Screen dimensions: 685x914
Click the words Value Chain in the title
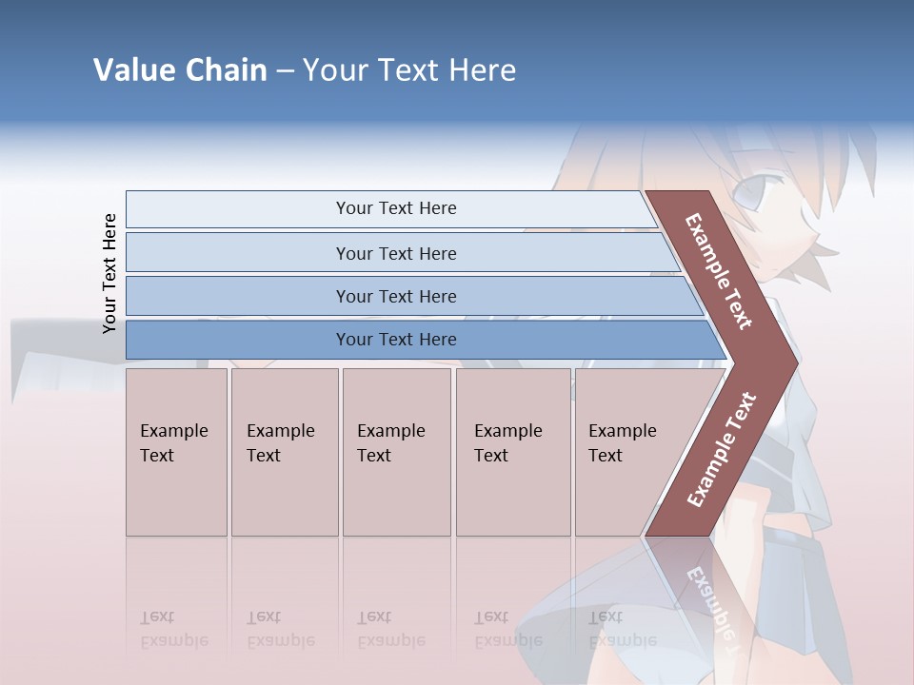pyautogui.click(x=180, y=70)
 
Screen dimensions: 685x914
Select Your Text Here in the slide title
pyautogui.click(x=409, y=70)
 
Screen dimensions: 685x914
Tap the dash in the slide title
pyautogui.click(x=285, y=71)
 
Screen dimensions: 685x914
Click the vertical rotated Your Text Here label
pyautogui.click(x=109, y=274)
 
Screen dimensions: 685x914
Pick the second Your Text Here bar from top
pyautogui.click(x=396, y=253)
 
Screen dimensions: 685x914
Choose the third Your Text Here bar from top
pyautogui.click(x=396, y=296)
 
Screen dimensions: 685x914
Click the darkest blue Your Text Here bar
pyautogui.click(x=396, y=340)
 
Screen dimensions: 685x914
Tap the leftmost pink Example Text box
pyautogui.click(x=176, y=452)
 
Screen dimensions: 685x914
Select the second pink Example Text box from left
pyautogui.click(x=284, y=452)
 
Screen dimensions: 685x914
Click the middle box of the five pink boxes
pyautogui.click(x=396, y=452)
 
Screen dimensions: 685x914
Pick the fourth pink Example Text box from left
pyautogui.click(x=512, y=452)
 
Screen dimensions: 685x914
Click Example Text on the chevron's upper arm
pyautogui.click(x=719, y=271)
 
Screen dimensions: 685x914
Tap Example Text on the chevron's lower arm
pyautogui.click(x=722, y=450)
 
